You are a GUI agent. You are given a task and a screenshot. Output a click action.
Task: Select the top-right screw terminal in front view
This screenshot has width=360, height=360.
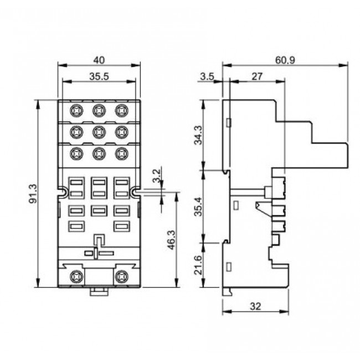tap(121, 110)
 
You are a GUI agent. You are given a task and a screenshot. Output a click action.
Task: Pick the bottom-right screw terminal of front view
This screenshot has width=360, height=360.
tap(121, 275)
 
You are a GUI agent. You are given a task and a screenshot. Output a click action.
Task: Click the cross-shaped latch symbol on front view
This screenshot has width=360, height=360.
tap(98, 247)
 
